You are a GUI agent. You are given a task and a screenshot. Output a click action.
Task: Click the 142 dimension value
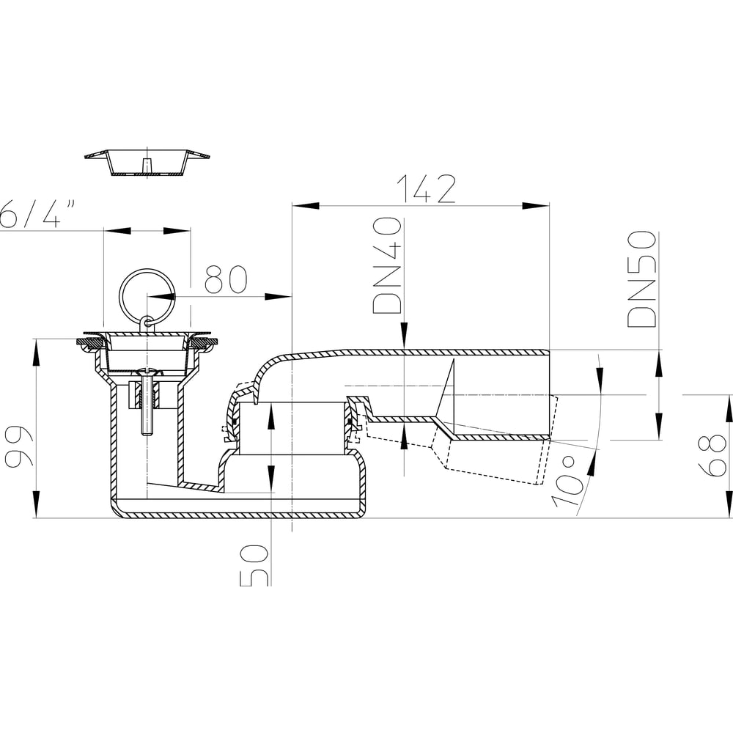tap(426, 189)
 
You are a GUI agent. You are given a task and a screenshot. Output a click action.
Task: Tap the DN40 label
tap(387, 265)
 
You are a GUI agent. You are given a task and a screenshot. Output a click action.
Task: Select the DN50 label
tap(641, 279)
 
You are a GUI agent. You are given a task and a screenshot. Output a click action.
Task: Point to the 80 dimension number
tap(226, 279)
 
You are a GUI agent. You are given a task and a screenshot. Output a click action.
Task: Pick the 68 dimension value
tap(715, 456)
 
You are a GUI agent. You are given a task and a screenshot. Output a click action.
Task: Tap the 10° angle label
tap(570, 484)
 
